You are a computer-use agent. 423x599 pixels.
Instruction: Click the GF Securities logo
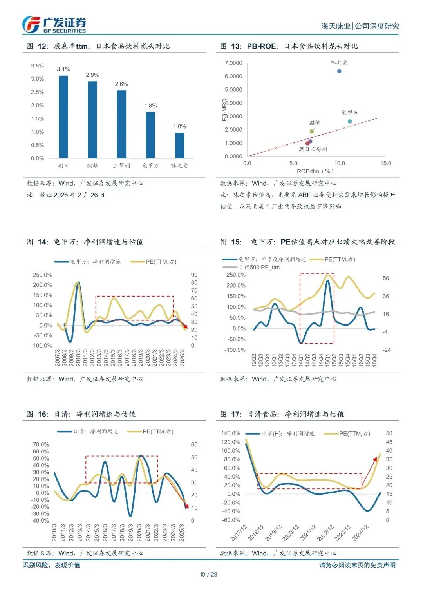point(54,25)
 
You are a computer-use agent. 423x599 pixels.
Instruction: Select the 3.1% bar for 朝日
point(63,117)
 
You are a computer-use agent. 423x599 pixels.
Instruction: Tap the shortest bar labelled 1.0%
point(179,145)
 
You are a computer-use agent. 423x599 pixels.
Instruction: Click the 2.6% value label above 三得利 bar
point(121,84)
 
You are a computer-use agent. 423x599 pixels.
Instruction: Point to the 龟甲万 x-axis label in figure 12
point(150,166)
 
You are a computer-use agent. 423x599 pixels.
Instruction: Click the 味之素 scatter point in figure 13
point(339,71)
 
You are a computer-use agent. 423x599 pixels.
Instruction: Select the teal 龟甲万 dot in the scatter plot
point(350,122)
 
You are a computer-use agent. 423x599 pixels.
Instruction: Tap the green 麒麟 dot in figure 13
point(312,131)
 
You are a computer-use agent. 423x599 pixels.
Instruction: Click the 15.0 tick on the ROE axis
point(385,163)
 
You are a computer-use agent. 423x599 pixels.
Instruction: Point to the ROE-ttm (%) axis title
point(315,171)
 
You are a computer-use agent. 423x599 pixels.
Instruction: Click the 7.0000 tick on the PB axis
point(233,63)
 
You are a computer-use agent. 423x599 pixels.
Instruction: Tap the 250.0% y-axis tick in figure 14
point(42,275)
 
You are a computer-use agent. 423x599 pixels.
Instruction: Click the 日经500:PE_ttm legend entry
point(259,267)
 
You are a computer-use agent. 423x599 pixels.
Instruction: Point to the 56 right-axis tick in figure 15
point(386,278)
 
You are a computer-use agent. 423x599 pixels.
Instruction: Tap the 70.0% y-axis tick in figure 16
point(41,444)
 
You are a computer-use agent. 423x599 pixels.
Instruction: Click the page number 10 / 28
point(208,574)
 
